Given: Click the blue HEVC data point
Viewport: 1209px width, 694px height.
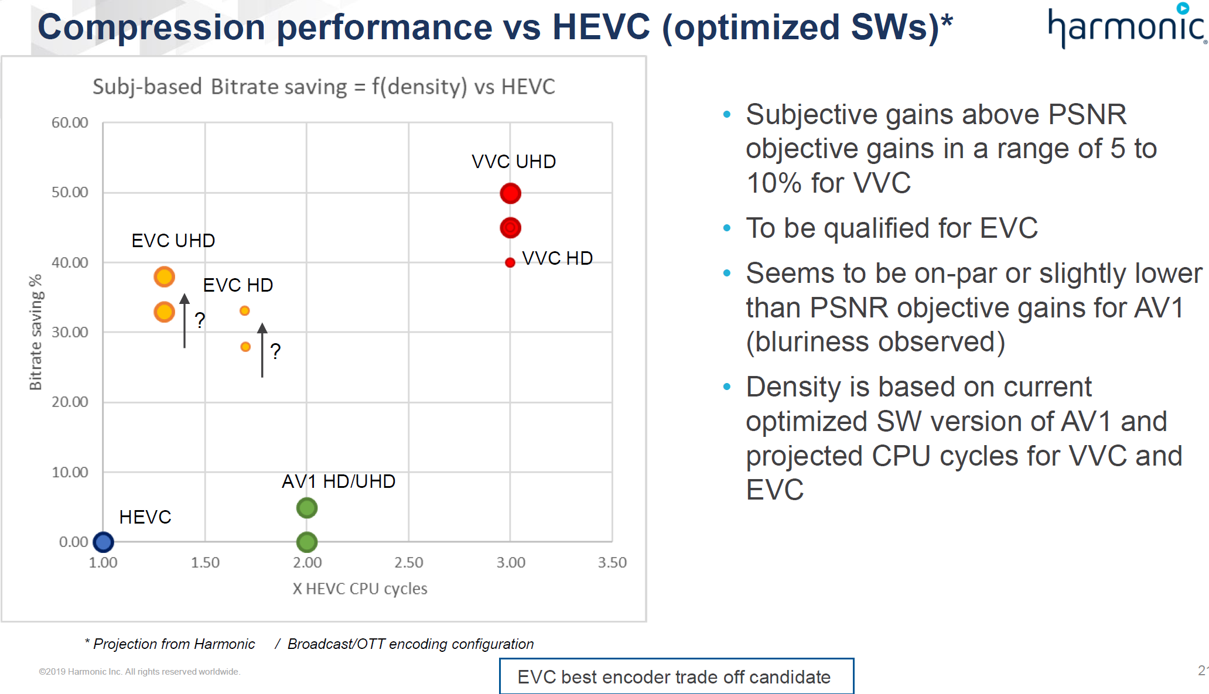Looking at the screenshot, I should pos(103,542).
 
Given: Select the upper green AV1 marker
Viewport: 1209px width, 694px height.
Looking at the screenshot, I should pos(307,508).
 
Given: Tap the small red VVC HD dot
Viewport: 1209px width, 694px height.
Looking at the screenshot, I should pos(510,262).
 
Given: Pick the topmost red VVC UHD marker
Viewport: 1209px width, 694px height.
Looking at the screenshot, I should pos(510,193).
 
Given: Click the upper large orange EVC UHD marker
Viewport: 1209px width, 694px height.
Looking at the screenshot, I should pos(164,276).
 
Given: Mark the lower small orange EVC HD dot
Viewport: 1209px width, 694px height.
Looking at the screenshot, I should pos(245,347).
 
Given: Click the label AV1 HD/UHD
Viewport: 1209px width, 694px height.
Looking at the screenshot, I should pos(339,481).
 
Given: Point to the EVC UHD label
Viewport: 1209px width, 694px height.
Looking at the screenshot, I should pos(173,241).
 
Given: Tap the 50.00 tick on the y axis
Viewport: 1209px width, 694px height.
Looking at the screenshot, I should pos(70,193).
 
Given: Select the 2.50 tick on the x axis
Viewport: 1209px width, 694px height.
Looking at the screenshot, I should pos(408,563).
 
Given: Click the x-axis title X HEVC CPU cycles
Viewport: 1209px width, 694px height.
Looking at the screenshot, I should pos(360,589).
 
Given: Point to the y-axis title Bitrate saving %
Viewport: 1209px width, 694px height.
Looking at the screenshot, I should pos(36,331).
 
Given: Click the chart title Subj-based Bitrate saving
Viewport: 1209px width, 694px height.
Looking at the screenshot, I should pos(323,87).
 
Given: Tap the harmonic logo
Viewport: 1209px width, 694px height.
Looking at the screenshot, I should pos(1126,27).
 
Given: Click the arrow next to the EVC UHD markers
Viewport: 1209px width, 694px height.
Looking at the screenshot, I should pos(185,321).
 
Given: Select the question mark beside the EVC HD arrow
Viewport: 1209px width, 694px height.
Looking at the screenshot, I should pos(275,351).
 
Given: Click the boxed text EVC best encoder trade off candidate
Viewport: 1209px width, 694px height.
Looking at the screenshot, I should pos(676,676).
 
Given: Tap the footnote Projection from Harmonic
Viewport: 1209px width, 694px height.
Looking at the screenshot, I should pos(173,644).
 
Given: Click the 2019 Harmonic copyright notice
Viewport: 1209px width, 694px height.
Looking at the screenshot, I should pos(139,672).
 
